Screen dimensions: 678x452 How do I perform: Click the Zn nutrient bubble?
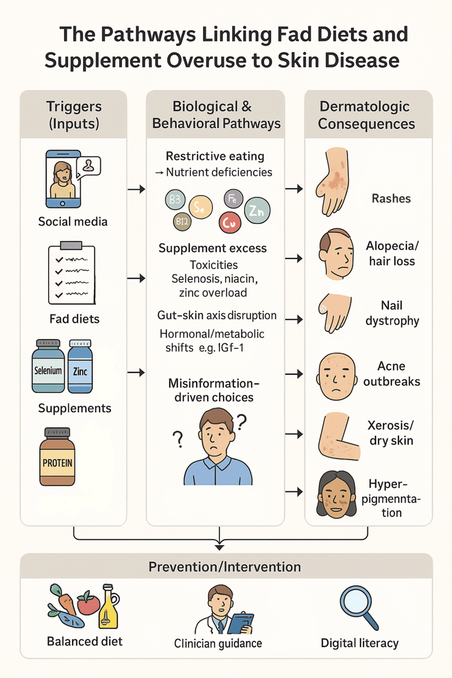pyautogui.click(x=257, y=210)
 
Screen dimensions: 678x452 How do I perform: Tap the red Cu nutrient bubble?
pyautogui.click(x=230, y=222)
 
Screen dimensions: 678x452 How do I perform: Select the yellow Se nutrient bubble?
pyautogui.click(x=200, y=207)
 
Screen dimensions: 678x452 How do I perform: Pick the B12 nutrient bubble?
pyautogui.click(x=182, y=221)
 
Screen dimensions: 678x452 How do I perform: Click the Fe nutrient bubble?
pyautogui.click(x=233, y=198)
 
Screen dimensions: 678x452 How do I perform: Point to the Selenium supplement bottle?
pyautogui.click(x=48, y=366)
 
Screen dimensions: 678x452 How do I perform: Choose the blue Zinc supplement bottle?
pyautogui.click(x=80, y=366)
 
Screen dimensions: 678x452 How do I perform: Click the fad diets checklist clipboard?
pyautogui.click(x=72, y=274)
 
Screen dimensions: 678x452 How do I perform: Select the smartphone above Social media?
pyautogui.click(x=64, y=179)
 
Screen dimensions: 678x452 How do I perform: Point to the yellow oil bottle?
pyautogui.click(x=109, y=607)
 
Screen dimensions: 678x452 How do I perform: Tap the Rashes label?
pyautogui.click(x=391, y=198)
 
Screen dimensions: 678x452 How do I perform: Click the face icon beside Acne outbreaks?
pyautogui.click(x=336, y=375)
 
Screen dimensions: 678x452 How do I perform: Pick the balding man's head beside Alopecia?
pyautogui.click(x=336, y=254)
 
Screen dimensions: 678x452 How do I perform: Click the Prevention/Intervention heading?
pyautogui.click(x=225, y=567)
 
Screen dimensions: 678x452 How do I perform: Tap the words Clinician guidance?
pyautogui.click(x=218, y=643)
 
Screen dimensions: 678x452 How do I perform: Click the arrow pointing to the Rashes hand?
pyautogui.click(x=294, y=188)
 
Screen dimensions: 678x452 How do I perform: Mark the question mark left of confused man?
pyautogui.click(x=178, y=439)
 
